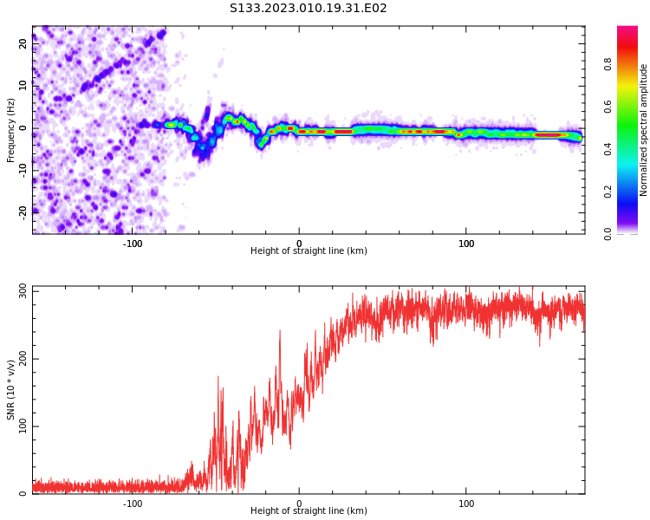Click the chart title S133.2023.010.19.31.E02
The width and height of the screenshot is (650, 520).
point(309,9)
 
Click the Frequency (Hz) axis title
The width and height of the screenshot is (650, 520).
point(11,130)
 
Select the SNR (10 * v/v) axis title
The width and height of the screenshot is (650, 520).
point(11,390)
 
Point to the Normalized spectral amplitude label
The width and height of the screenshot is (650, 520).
point(644,130)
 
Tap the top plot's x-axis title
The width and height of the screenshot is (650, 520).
point(309,251)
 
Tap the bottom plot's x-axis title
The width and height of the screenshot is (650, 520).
point(309,511)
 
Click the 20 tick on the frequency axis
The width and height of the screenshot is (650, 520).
point(23,44)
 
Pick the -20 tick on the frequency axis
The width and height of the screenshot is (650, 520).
point(23,211)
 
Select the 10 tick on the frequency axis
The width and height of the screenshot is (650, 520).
point(23,86)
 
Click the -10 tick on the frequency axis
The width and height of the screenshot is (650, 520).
point(23,169)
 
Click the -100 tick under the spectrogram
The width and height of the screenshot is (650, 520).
point(133,244)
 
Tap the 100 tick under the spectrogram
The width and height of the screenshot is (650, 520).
point(466,244)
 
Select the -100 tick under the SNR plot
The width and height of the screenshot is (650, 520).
point(133,504)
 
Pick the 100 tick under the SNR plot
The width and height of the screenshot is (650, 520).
point(466,504)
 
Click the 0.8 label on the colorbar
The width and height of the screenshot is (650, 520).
point(632,64)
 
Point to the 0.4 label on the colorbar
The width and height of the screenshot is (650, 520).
point(632,149)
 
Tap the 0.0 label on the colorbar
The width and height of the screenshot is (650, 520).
point(632,233)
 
